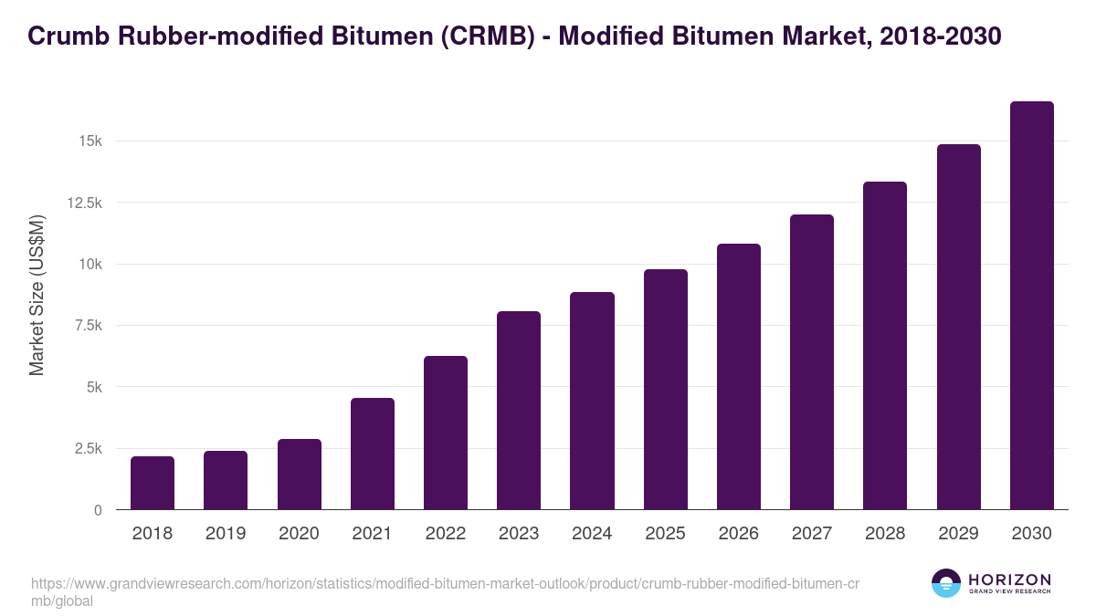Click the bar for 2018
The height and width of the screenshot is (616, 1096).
tap(153, 483)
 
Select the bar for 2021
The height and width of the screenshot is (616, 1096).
tap(373, 454)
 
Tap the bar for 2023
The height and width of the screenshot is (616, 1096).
tap(519, 411)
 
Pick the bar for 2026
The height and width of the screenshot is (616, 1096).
tap(739, 377)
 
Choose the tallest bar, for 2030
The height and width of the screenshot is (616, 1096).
tap(1032, 306)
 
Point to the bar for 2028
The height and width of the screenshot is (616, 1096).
tap(885, 346)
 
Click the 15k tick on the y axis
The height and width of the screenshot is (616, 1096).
tap(90, 141)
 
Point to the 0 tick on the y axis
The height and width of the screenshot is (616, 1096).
tap(97, 510)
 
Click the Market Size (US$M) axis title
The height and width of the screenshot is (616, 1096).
tap(37, 295)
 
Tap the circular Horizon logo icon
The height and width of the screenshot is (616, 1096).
tap(946, 583)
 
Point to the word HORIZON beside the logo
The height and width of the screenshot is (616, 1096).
tap(1009, 579)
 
